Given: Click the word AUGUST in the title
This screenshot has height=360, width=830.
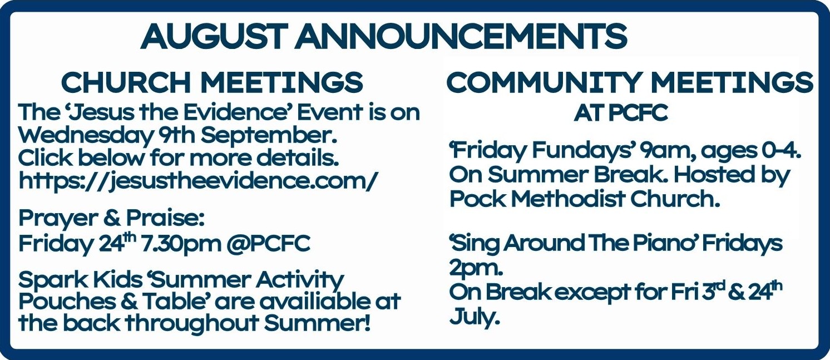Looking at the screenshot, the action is click(214, 36).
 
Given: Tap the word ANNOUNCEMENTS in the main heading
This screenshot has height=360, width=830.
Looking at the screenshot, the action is click(461, 36).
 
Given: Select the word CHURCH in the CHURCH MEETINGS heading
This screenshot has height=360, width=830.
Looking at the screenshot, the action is click(126, 82).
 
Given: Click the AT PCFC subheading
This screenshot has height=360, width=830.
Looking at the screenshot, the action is click(621, 113).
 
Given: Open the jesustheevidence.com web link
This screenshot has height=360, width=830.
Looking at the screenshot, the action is click(198, 181).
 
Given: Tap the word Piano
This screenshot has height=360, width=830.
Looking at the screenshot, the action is click(663, 243).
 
